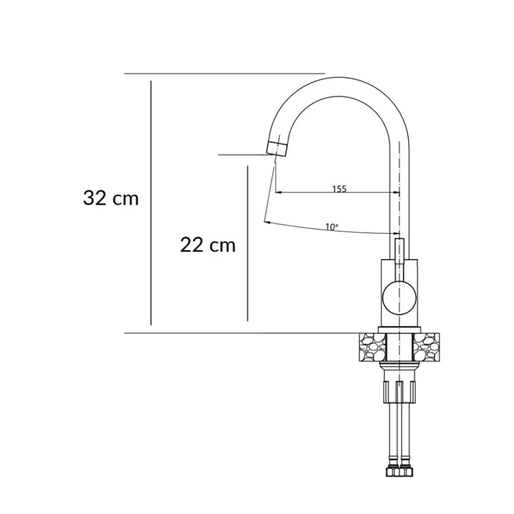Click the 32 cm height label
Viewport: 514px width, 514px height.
(x=111, y=198)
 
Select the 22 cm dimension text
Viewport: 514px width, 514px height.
(x=208, y=245)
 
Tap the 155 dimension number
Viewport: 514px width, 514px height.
(x=339, y=189)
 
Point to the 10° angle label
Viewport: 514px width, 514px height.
(x=332, y=227)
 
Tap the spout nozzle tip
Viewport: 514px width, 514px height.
(x=277, y=148)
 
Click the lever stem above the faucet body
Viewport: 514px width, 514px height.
(x=400, y=251)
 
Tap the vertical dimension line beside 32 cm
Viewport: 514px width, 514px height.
(x=151, y=203)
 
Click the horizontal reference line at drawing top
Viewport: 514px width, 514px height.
(x=224, y=73)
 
